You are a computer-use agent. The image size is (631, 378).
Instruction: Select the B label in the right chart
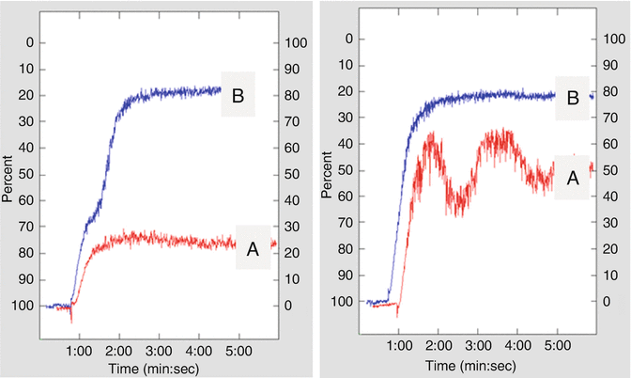571,96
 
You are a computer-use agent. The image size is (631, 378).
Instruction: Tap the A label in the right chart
571,176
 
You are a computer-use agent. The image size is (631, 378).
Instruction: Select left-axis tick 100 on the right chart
349,302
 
